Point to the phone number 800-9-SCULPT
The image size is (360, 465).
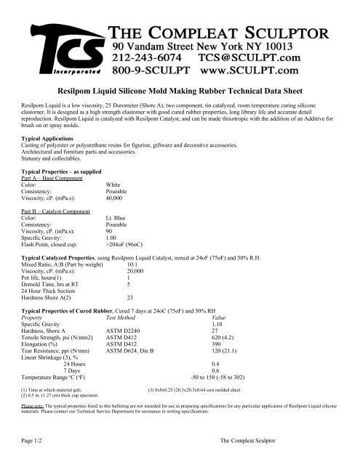pyautogui.click(x=154, y=70)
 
